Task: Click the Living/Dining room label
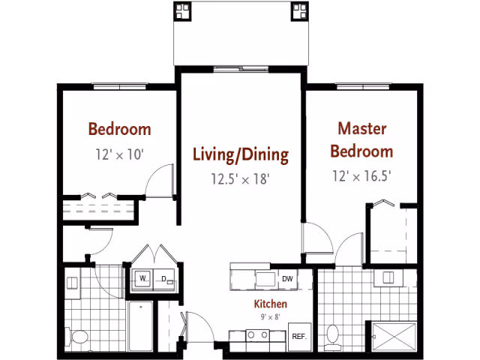point(241,154)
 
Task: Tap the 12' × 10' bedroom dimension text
point(120,154)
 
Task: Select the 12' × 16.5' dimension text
point(361,176)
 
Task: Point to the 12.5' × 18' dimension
point(240,178)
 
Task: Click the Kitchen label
point(271,304)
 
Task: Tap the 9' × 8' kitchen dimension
point(271,316)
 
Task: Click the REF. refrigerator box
point(300,337)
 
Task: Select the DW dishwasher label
point(287,279)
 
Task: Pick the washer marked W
point(142,279)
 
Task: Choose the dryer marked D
point(164,280)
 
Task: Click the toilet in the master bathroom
point(333,337)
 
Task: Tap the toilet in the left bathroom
point(76,337)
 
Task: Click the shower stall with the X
point(394,337)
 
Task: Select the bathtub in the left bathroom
point(140,326)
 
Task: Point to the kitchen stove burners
point(258,335)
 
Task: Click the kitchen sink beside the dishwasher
point(265,279)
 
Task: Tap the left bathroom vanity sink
point(72,283)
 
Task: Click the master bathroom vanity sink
point(388,277)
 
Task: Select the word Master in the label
point(361,128)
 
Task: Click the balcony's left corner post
point(182,11)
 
